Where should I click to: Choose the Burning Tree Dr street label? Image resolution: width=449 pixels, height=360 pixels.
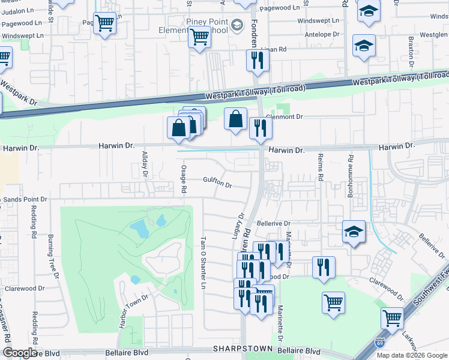click(x=51, y=257)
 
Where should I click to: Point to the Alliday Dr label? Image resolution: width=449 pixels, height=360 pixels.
click(x=144, y=164)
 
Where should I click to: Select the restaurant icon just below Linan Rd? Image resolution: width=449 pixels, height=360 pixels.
click(x=257, y=60)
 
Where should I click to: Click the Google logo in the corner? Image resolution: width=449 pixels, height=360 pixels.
click(x=19, y=353)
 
